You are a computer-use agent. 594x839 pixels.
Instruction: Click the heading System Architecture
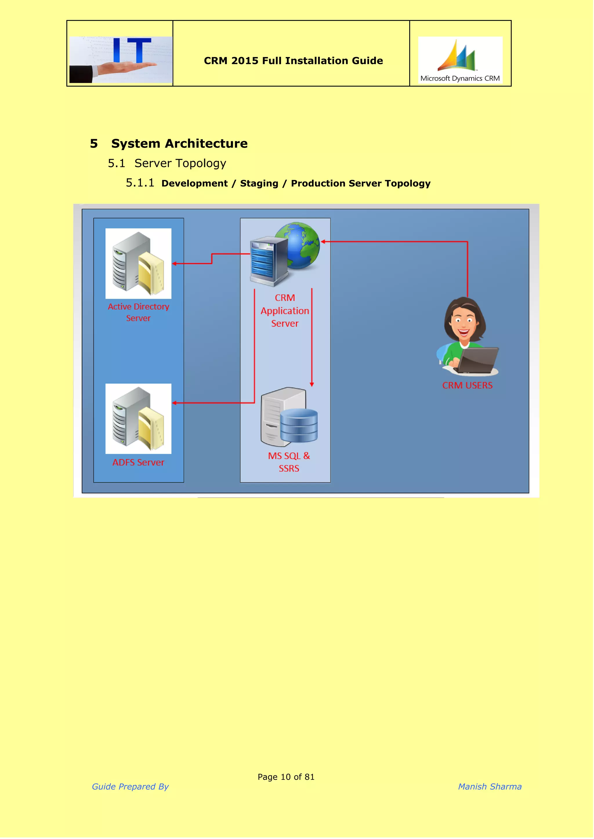[179, 144]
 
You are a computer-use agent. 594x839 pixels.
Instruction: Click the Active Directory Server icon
[138, 263]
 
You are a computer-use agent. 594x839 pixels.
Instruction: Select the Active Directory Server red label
[138, 312]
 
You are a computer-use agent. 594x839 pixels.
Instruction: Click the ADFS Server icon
[138, 419]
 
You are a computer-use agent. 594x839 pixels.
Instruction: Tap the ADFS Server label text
[138, 463]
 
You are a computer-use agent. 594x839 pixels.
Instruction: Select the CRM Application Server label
[285, 311]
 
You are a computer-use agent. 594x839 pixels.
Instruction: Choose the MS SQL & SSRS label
[289, 462]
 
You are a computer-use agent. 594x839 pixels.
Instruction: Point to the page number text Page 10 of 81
[286, 777]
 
